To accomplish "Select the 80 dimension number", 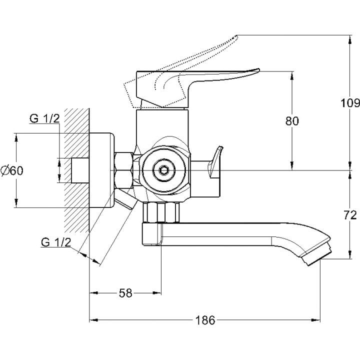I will [292, 120].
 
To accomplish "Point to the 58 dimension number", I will [126, 293].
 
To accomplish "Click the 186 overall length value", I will [205, 320].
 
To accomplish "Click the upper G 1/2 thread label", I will [44, 118].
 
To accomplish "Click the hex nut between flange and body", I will [124, 170].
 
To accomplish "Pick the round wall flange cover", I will [102, 170].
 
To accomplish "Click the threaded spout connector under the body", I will [161, 212].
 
